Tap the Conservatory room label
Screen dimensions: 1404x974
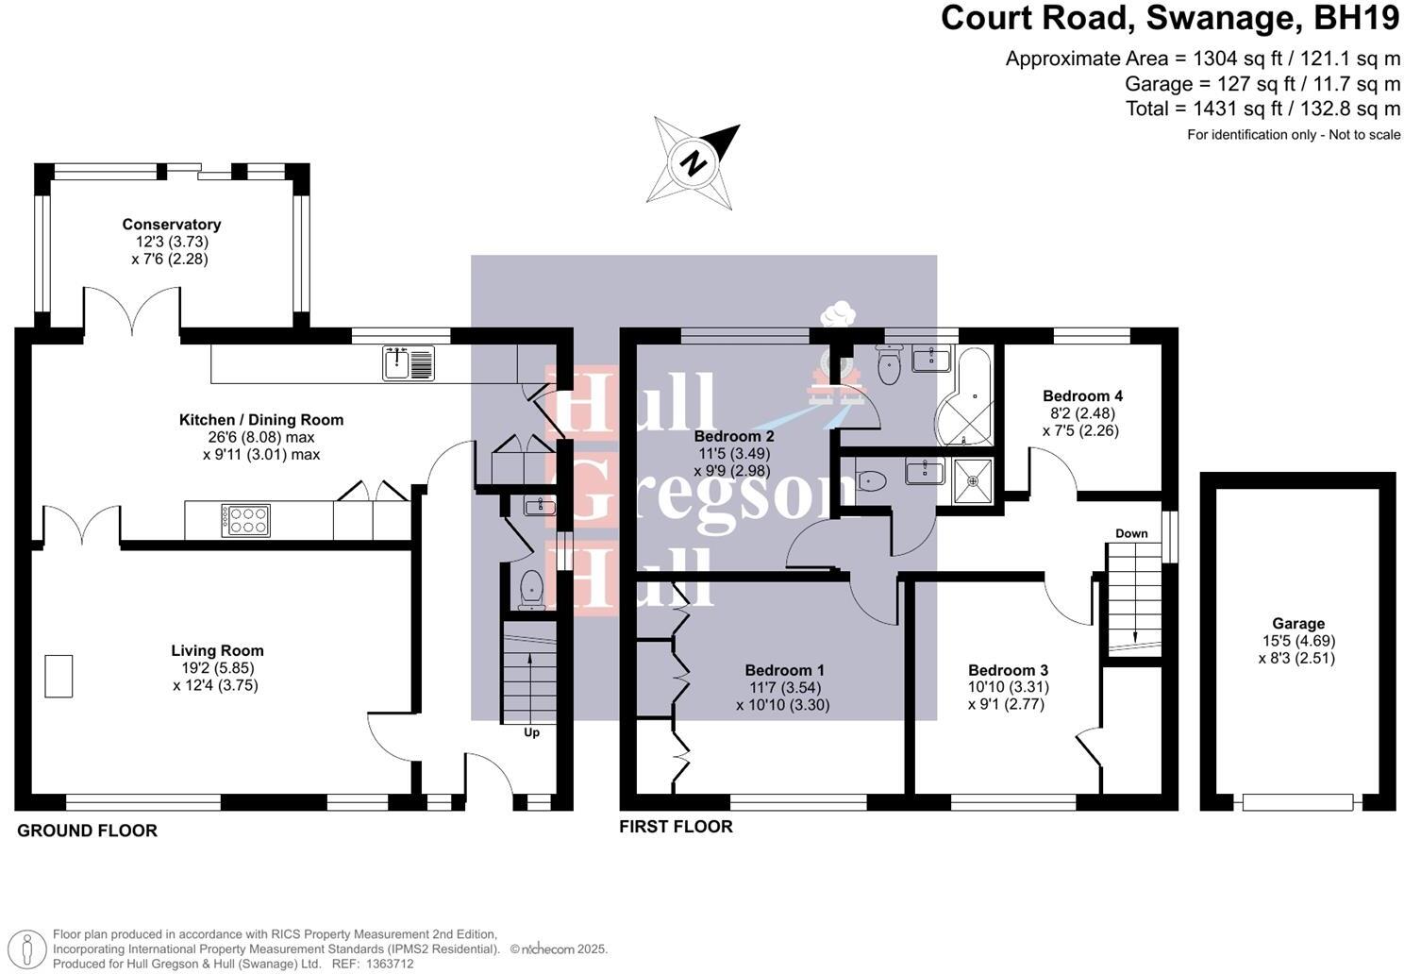point(172,225)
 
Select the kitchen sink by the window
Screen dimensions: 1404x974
point(409,363)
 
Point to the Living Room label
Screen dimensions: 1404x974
point(217,650)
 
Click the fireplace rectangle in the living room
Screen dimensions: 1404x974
point(58,676)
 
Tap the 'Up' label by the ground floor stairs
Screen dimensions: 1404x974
point(531,732)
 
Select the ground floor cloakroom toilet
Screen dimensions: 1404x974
point(532,590)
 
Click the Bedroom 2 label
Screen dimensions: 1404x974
point(734,436)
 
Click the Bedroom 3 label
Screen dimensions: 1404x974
point(1008,670)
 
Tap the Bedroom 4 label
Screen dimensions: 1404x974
point(1082,396)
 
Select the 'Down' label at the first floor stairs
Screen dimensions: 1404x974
point(1131,533)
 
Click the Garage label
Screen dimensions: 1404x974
point(1298,623)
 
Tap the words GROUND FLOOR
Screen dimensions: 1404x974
point(87,831)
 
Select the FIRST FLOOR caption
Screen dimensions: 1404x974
point(676,827)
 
